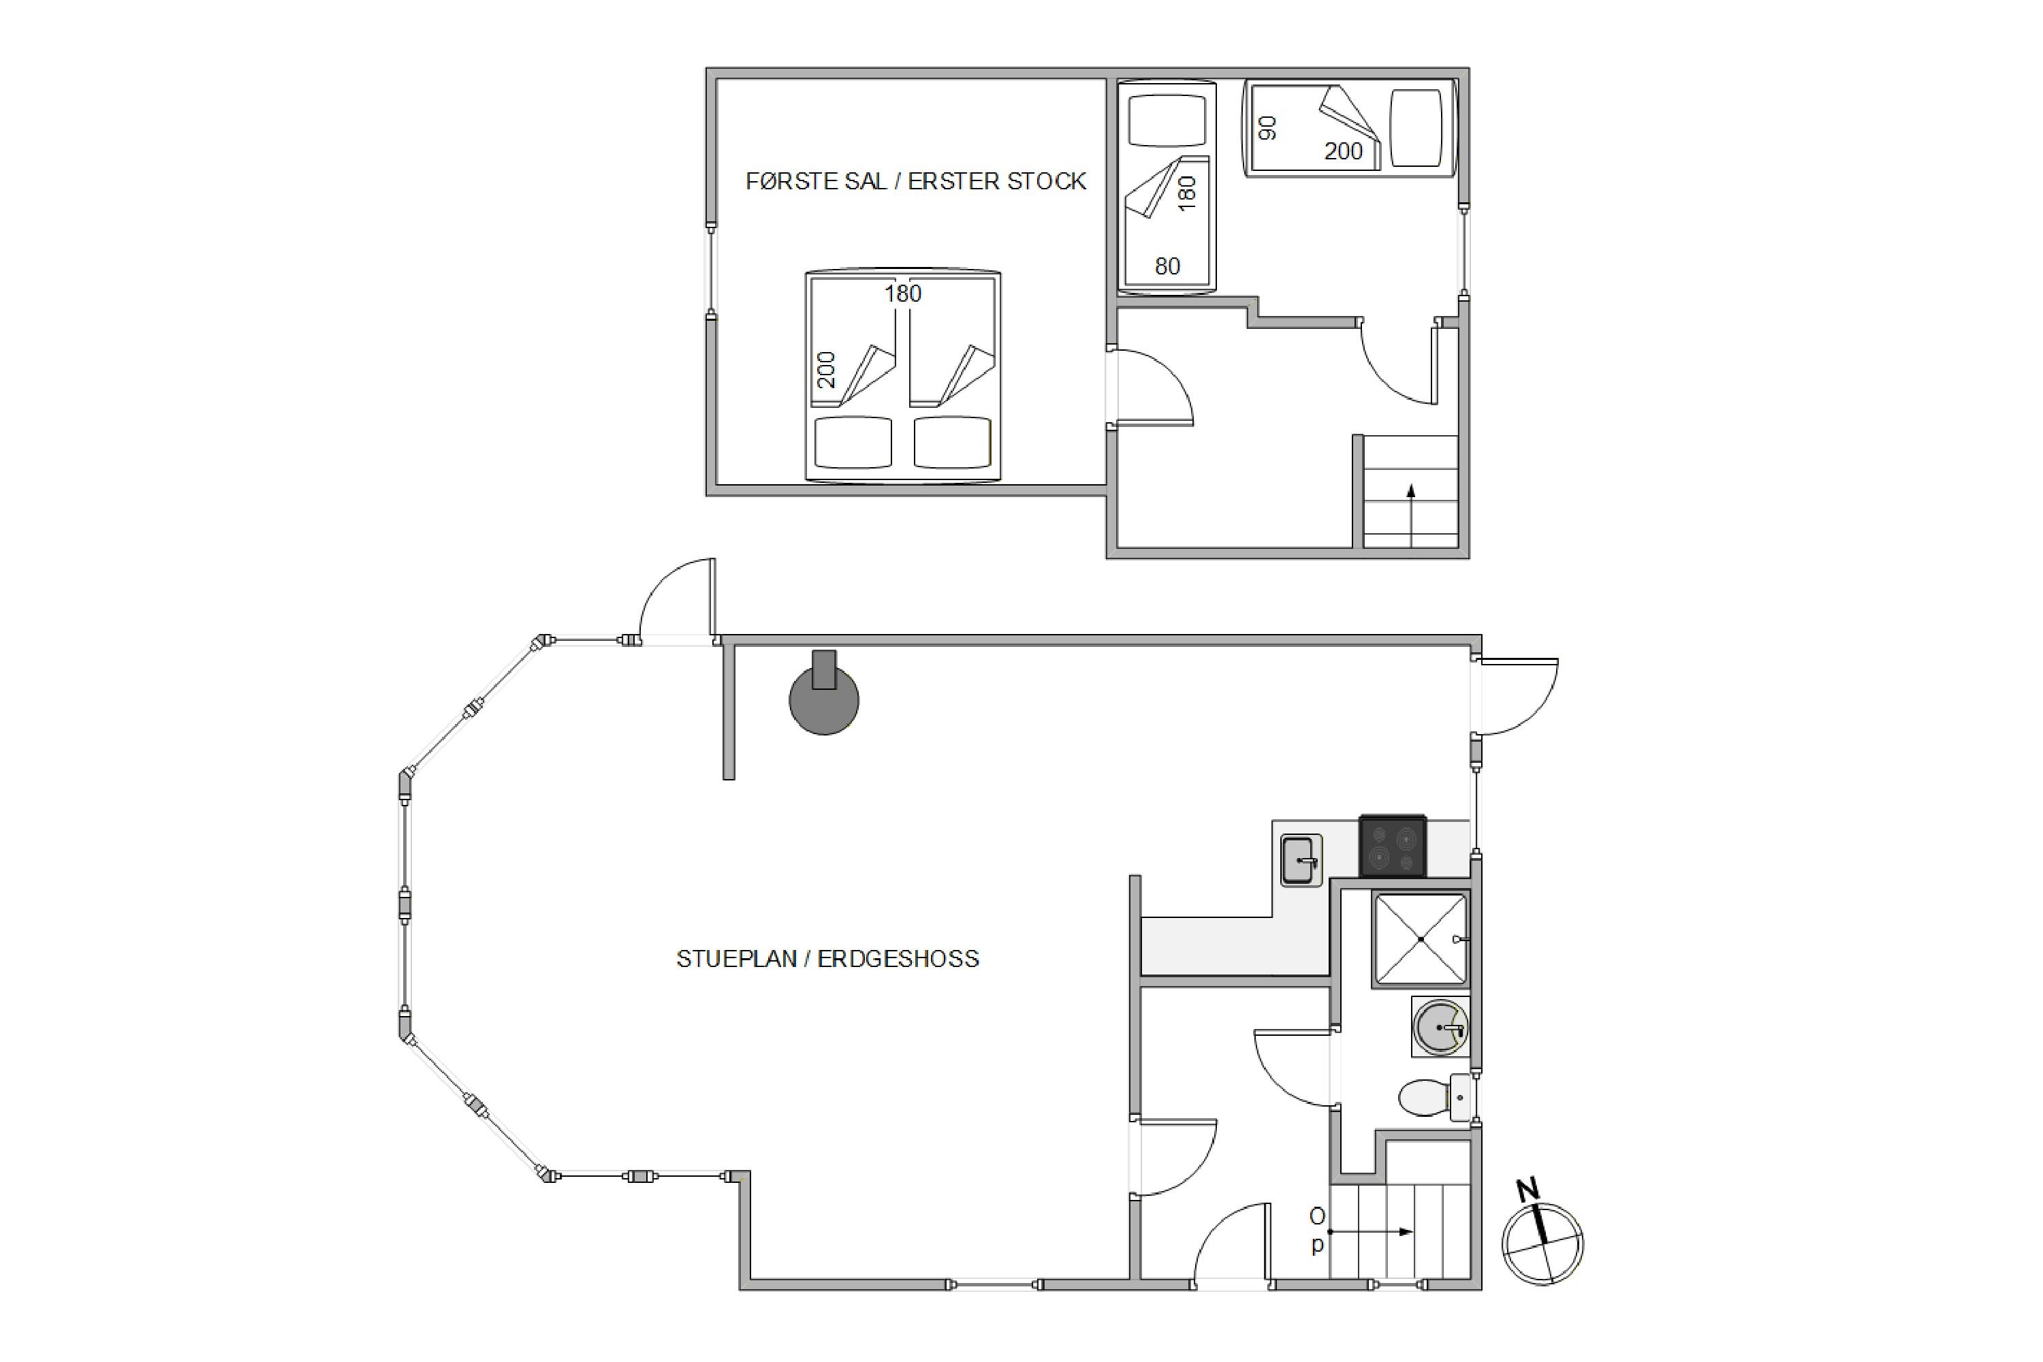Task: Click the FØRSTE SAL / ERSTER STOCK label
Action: pos(915,180)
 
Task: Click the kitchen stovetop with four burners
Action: pos(1393,845)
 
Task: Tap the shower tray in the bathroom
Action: pos(1420,939)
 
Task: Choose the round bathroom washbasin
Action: pos(1440,1027)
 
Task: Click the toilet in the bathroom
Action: pos(1435,1098)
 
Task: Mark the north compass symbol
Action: pos(1542,1243)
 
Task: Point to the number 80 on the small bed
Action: pos(1167,266)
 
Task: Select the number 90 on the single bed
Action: pos(1267,129)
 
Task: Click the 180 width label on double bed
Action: pos(902,294)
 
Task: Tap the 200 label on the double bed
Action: pos(827,369)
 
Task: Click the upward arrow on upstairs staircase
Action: pos(1410,516)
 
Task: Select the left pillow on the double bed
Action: pos(853,442)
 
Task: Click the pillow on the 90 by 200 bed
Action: pos(1416,128)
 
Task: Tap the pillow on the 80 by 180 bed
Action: pos(1167,120)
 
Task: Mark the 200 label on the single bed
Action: pos(1343,151)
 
